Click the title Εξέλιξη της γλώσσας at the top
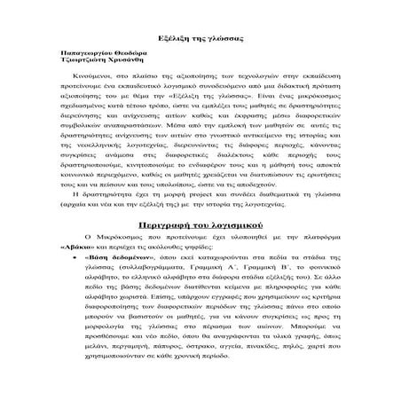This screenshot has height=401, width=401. pyautogui.click(x=200, y=42)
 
